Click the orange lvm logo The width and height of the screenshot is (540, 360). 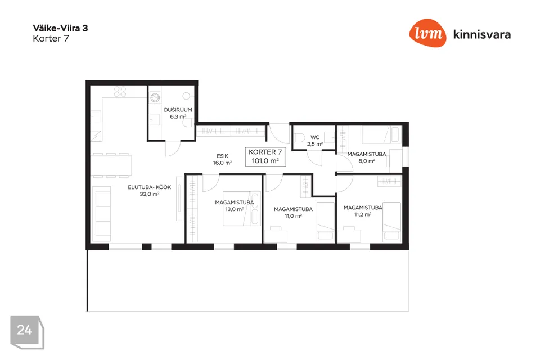point(427,33)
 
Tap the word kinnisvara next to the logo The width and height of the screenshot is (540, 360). point(482,34)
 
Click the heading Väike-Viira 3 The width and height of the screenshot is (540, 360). point(60,28)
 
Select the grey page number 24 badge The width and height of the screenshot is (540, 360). point(27,332)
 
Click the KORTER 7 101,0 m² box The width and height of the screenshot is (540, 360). point(265,156)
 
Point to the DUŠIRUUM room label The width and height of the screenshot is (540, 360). point(178,110)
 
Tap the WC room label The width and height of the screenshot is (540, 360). point(315,137)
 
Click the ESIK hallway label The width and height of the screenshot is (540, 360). point(223,156)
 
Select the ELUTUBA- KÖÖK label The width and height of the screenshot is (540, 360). point(150,187)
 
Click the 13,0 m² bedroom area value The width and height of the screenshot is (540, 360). point(235,209)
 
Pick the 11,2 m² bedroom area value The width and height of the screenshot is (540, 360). point(363,214)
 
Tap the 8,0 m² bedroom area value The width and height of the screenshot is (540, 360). point(367,161)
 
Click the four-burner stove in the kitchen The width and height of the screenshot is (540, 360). point(120,91)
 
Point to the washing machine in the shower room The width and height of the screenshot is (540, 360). point(155,98)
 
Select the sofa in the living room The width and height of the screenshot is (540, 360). point(102,214)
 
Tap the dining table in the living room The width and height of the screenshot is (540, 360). point(111,165)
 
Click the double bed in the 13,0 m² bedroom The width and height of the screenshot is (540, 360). point(242,209)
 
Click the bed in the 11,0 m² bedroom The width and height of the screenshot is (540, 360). point(326,222)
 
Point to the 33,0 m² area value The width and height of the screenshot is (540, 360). point(150,194)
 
